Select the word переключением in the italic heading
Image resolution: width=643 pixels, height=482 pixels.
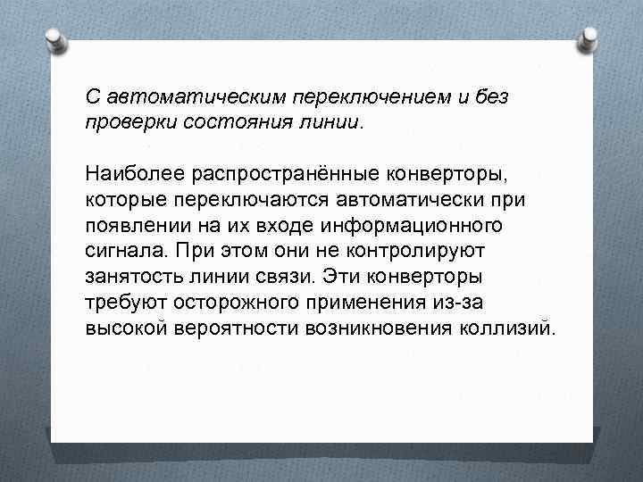[x=352, y=96]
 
